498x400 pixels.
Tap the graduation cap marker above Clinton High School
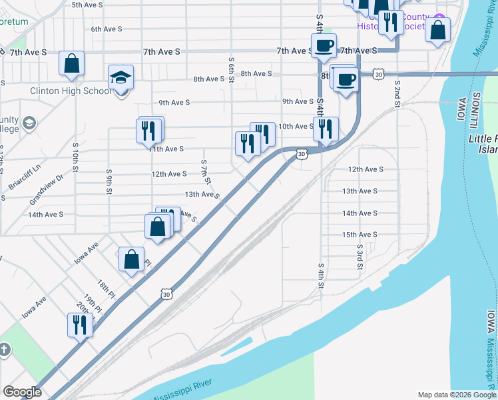[x=121, y=79]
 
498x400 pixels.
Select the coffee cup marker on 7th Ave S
[x=324, y=47]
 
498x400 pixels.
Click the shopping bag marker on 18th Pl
[x=132, y=259]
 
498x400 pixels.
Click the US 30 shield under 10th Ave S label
[x=302, y=155]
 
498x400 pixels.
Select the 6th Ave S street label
[x=107, y=29]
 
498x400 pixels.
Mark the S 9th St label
[x=108, y=181]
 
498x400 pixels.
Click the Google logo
[x=22, y=392]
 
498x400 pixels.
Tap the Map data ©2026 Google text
[x=457, y=395]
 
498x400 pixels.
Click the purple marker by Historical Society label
[x=439, y=19]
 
